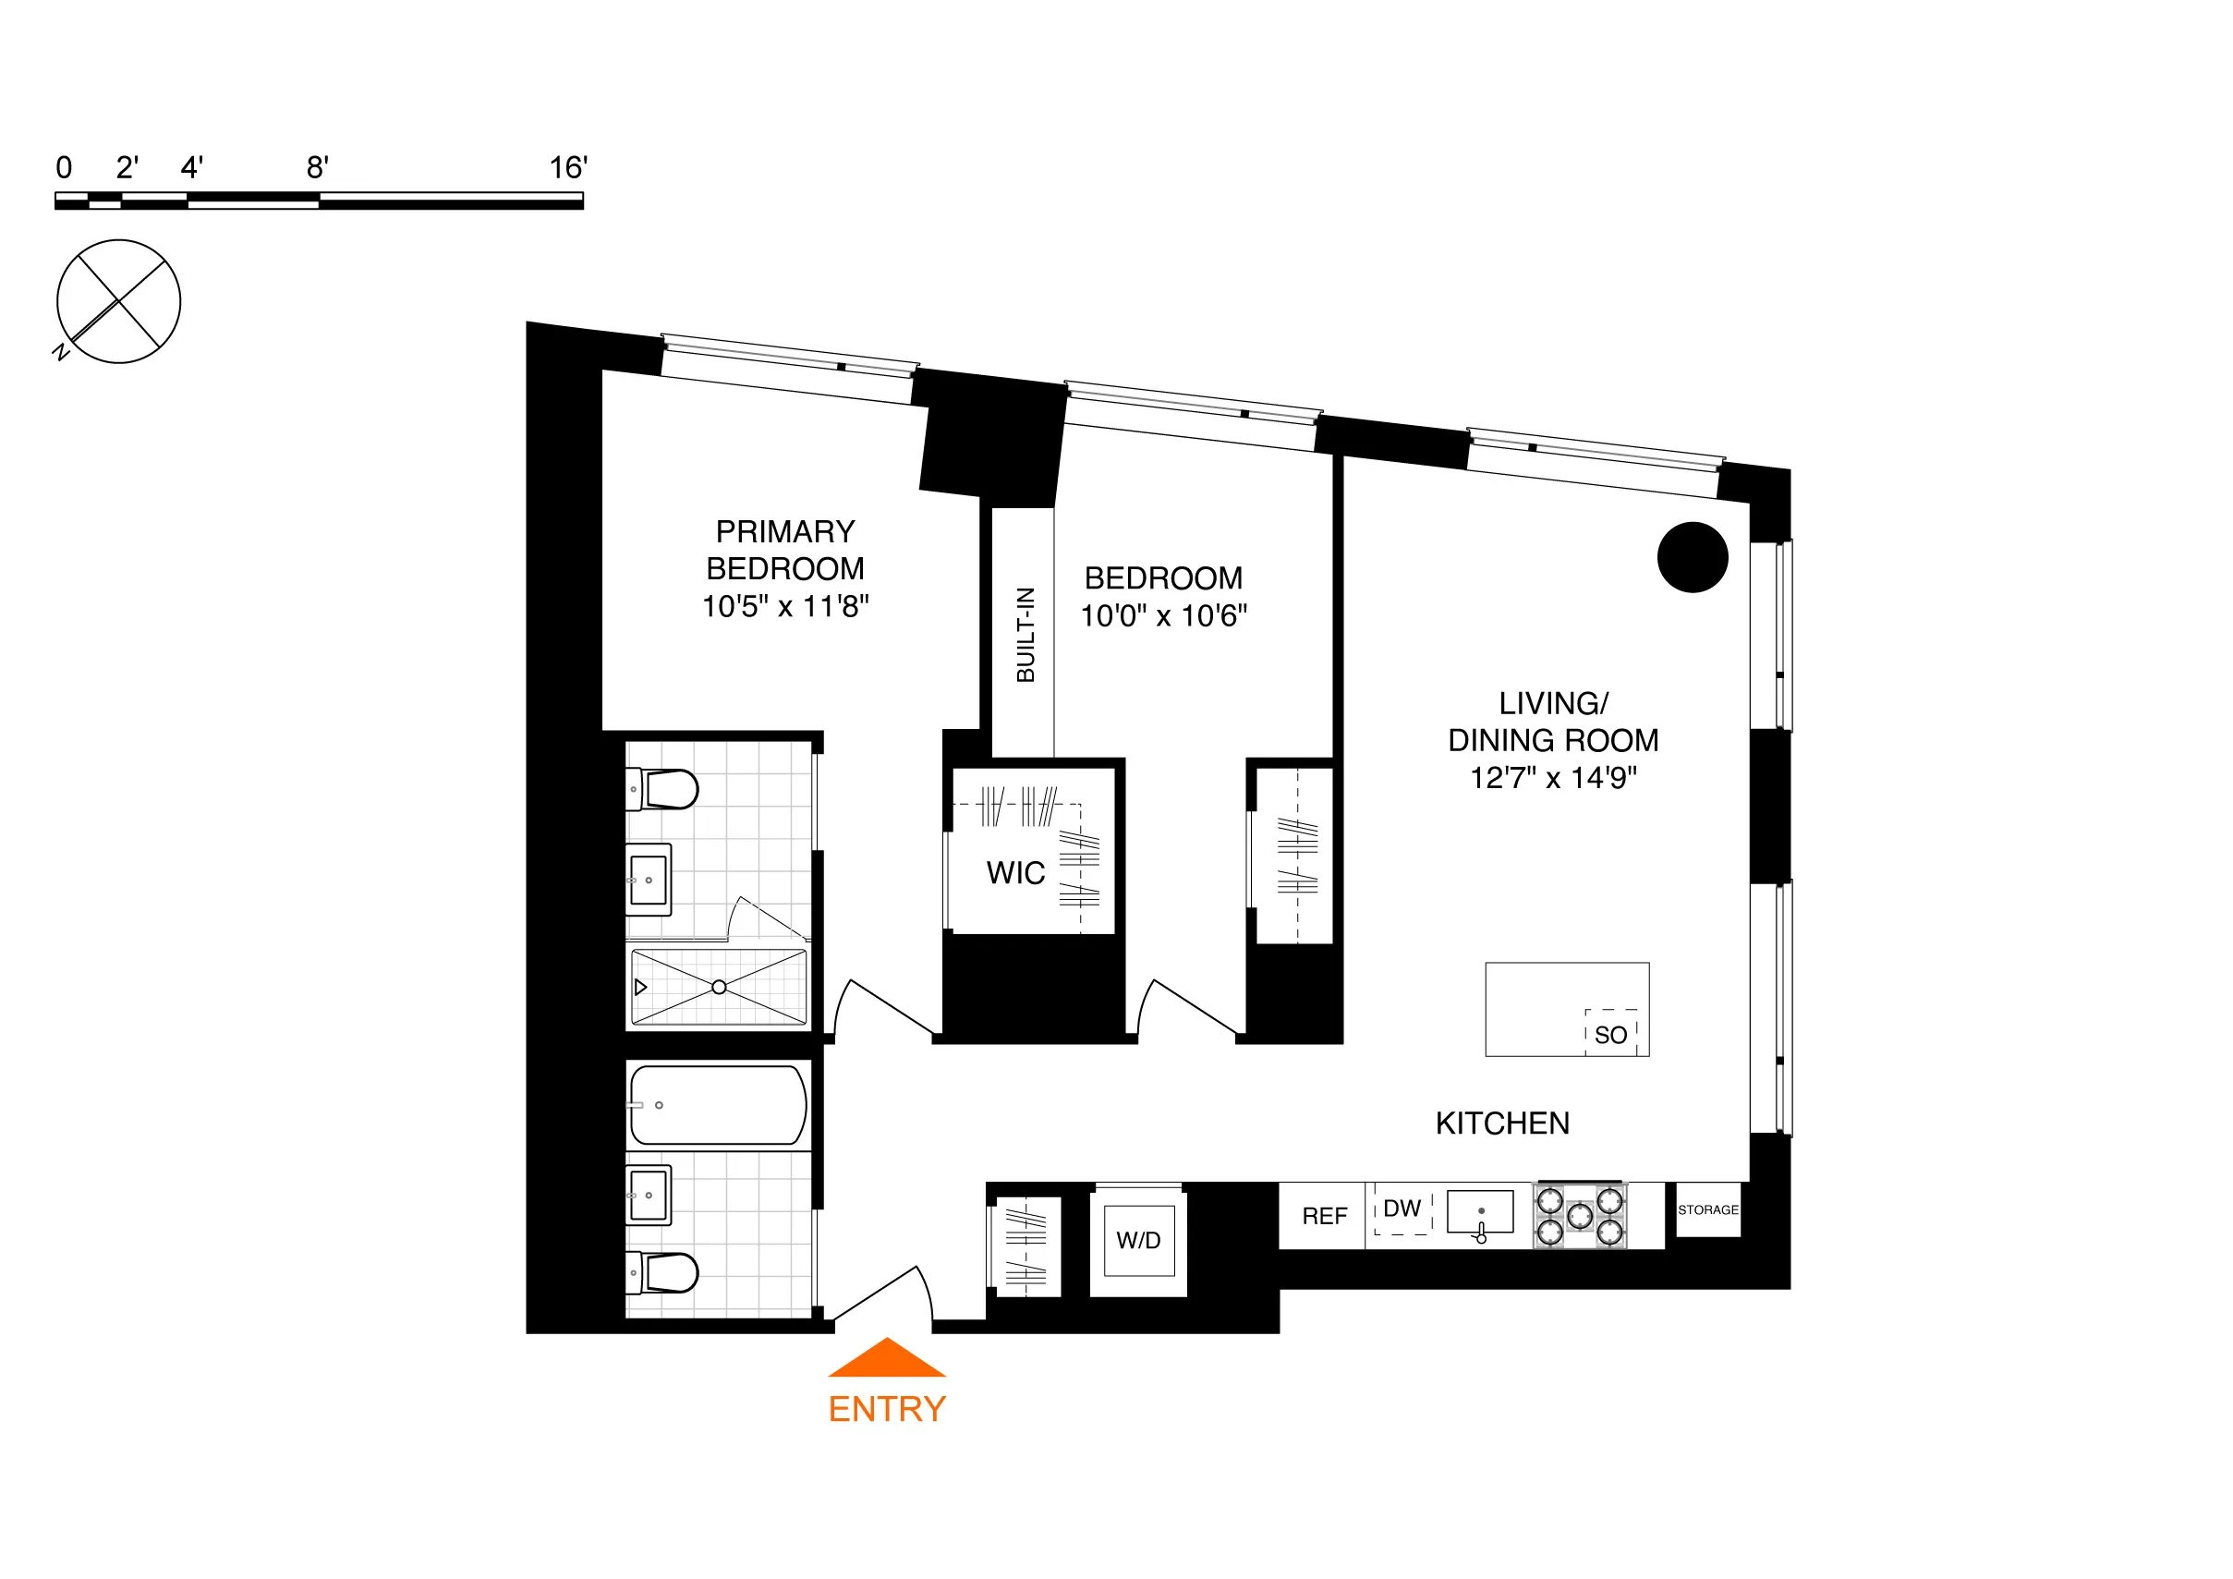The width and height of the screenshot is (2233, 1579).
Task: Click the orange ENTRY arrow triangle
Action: tap(886, 1360)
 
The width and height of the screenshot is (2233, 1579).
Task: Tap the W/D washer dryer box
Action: tap(1138, 1241)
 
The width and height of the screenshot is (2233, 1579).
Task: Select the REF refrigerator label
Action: tap(1324, 1216)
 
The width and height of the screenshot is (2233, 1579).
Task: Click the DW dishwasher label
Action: tap(1402, 1209)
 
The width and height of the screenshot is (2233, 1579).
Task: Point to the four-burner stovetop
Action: tap(1580, 1216)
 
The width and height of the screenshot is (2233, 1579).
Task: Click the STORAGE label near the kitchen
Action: tap(1708, 1210)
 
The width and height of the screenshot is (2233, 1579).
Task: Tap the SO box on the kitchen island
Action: tap(1610, 1035)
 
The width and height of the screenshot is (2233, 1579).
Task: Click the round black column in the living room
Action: tap(1693, 557)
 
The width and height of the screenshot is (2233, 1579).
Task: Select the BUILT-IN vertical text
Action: tap(1025, 635)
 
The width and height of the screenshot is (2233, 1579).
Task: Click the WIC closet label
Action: tap(1015, 873)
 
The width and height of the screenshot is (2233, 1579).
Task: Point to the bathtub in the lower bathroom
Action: tap(718, 1105)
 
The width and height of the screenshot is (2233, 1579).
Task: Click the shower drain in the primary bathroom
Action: tap(719, 988)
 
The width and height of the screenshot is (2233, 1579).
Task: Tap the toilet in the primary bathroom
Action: tap(666, 789)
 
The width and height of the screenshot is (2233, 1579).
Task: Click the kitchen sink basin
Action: tap(1479, 1212)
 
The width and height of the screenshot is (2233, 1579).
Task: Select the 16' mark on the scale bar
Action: tap(568, 168)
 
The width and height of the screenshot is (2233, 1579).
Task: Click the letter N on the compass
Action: tap(61, 352)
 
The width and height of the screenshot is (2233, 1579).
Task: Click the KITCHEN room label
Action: tap(1501, 1124)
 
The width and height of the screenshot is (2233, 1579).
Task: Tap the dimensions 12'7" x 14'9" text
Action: tap(1553, 778)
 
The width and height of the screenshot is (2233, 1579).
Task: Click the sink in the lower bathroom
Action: tap(649, 1195)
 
